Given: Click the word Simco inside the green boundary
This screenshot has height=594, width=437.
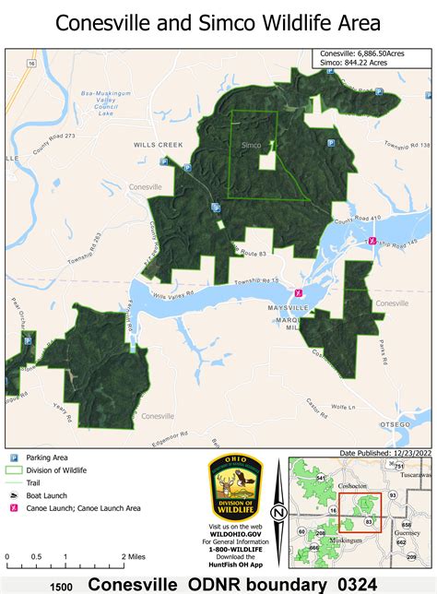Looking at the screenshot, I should pos(250,146).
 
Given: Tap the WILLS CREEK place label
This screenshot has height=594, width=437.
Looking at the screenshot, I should pos(159,145).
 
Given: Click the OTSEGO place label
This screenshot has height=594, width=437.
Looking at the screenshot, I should pos(412,424).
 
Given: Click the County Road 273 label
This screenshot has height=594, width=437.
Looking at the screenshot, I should pos(53,147).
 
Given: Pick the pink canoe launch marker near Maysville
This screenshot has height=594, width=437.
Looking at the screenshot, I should pos(298,294).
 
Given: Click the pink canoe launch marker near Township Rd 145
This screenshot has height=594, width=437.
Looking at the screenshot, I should pos(372,241).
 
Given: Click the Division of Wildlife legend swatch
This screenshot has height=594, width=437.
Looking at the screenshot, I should pos(14,470).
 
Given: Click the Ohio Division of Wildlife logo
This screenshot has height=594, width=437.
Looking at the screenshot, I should pos(235,486).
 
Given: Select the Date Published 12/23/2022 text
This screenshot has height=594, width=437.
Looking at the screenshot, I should pos(385,453).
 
